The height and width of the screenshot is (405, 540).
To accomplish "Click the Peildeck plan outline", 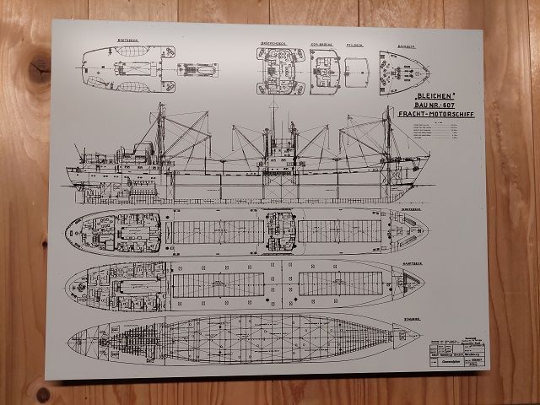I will point(357,73).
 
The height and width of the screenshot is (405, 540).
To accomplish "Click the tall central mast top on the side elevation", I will point(273,105).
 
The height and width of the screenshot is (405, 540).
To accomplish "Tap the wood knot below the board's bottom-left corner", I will point(43,393).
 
